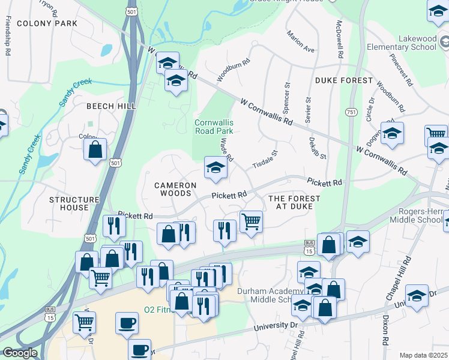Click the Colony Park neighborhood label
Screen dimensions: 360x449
pos(47,23)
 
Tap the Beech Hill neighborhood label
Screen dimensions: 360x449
pos(111,106)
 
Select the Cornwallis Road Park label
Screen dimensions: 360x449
pos(214,127)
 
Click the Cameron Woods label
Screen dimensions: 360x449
pos(175,190)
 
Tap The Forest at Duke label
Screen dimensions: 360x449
pos(294,202)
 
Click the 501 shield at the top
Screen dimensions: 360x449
pos(131,11)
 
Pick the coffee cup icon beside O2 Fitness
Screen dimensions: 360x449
pos(126,323)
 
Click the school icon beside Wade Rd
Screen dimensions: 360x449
pos(215,167)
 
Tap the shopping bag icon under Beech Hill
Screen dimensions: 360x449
pos(95,149)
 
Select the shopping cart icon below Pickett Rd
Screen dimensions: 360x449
pos(251,221)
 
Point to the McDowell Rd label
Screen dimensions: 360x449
pos(339,39)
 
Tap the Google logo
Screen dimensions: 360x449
pos(20,353)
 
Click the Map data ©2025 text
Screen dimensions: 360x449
pos(423,355)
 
